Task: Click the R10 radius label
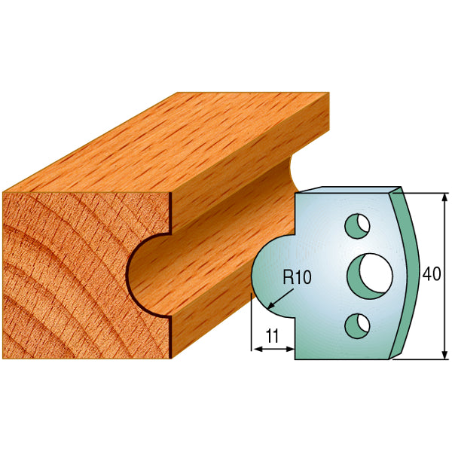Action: (x=296, y=277)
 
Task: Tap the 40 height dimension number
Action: (x=432, y=274)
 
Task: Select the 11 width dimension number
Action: (x=273, y=337)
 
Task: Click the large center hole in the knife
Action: (x=369, y=272)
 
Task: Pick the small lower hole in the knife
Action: (x=355, y=324)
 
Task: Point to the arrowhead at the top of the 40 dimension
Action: (x=441, y=197)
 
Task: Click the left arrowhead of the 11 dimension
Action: (x=254, y=349)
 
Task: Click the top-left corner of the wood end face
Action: (x=5, y=193)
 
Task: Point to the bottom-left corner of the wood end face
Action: (x=5, y=357)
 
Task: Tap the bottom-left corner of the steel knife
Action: (x=295, y=358)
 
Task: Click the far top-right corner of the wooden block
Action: (x=328, y=93)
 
